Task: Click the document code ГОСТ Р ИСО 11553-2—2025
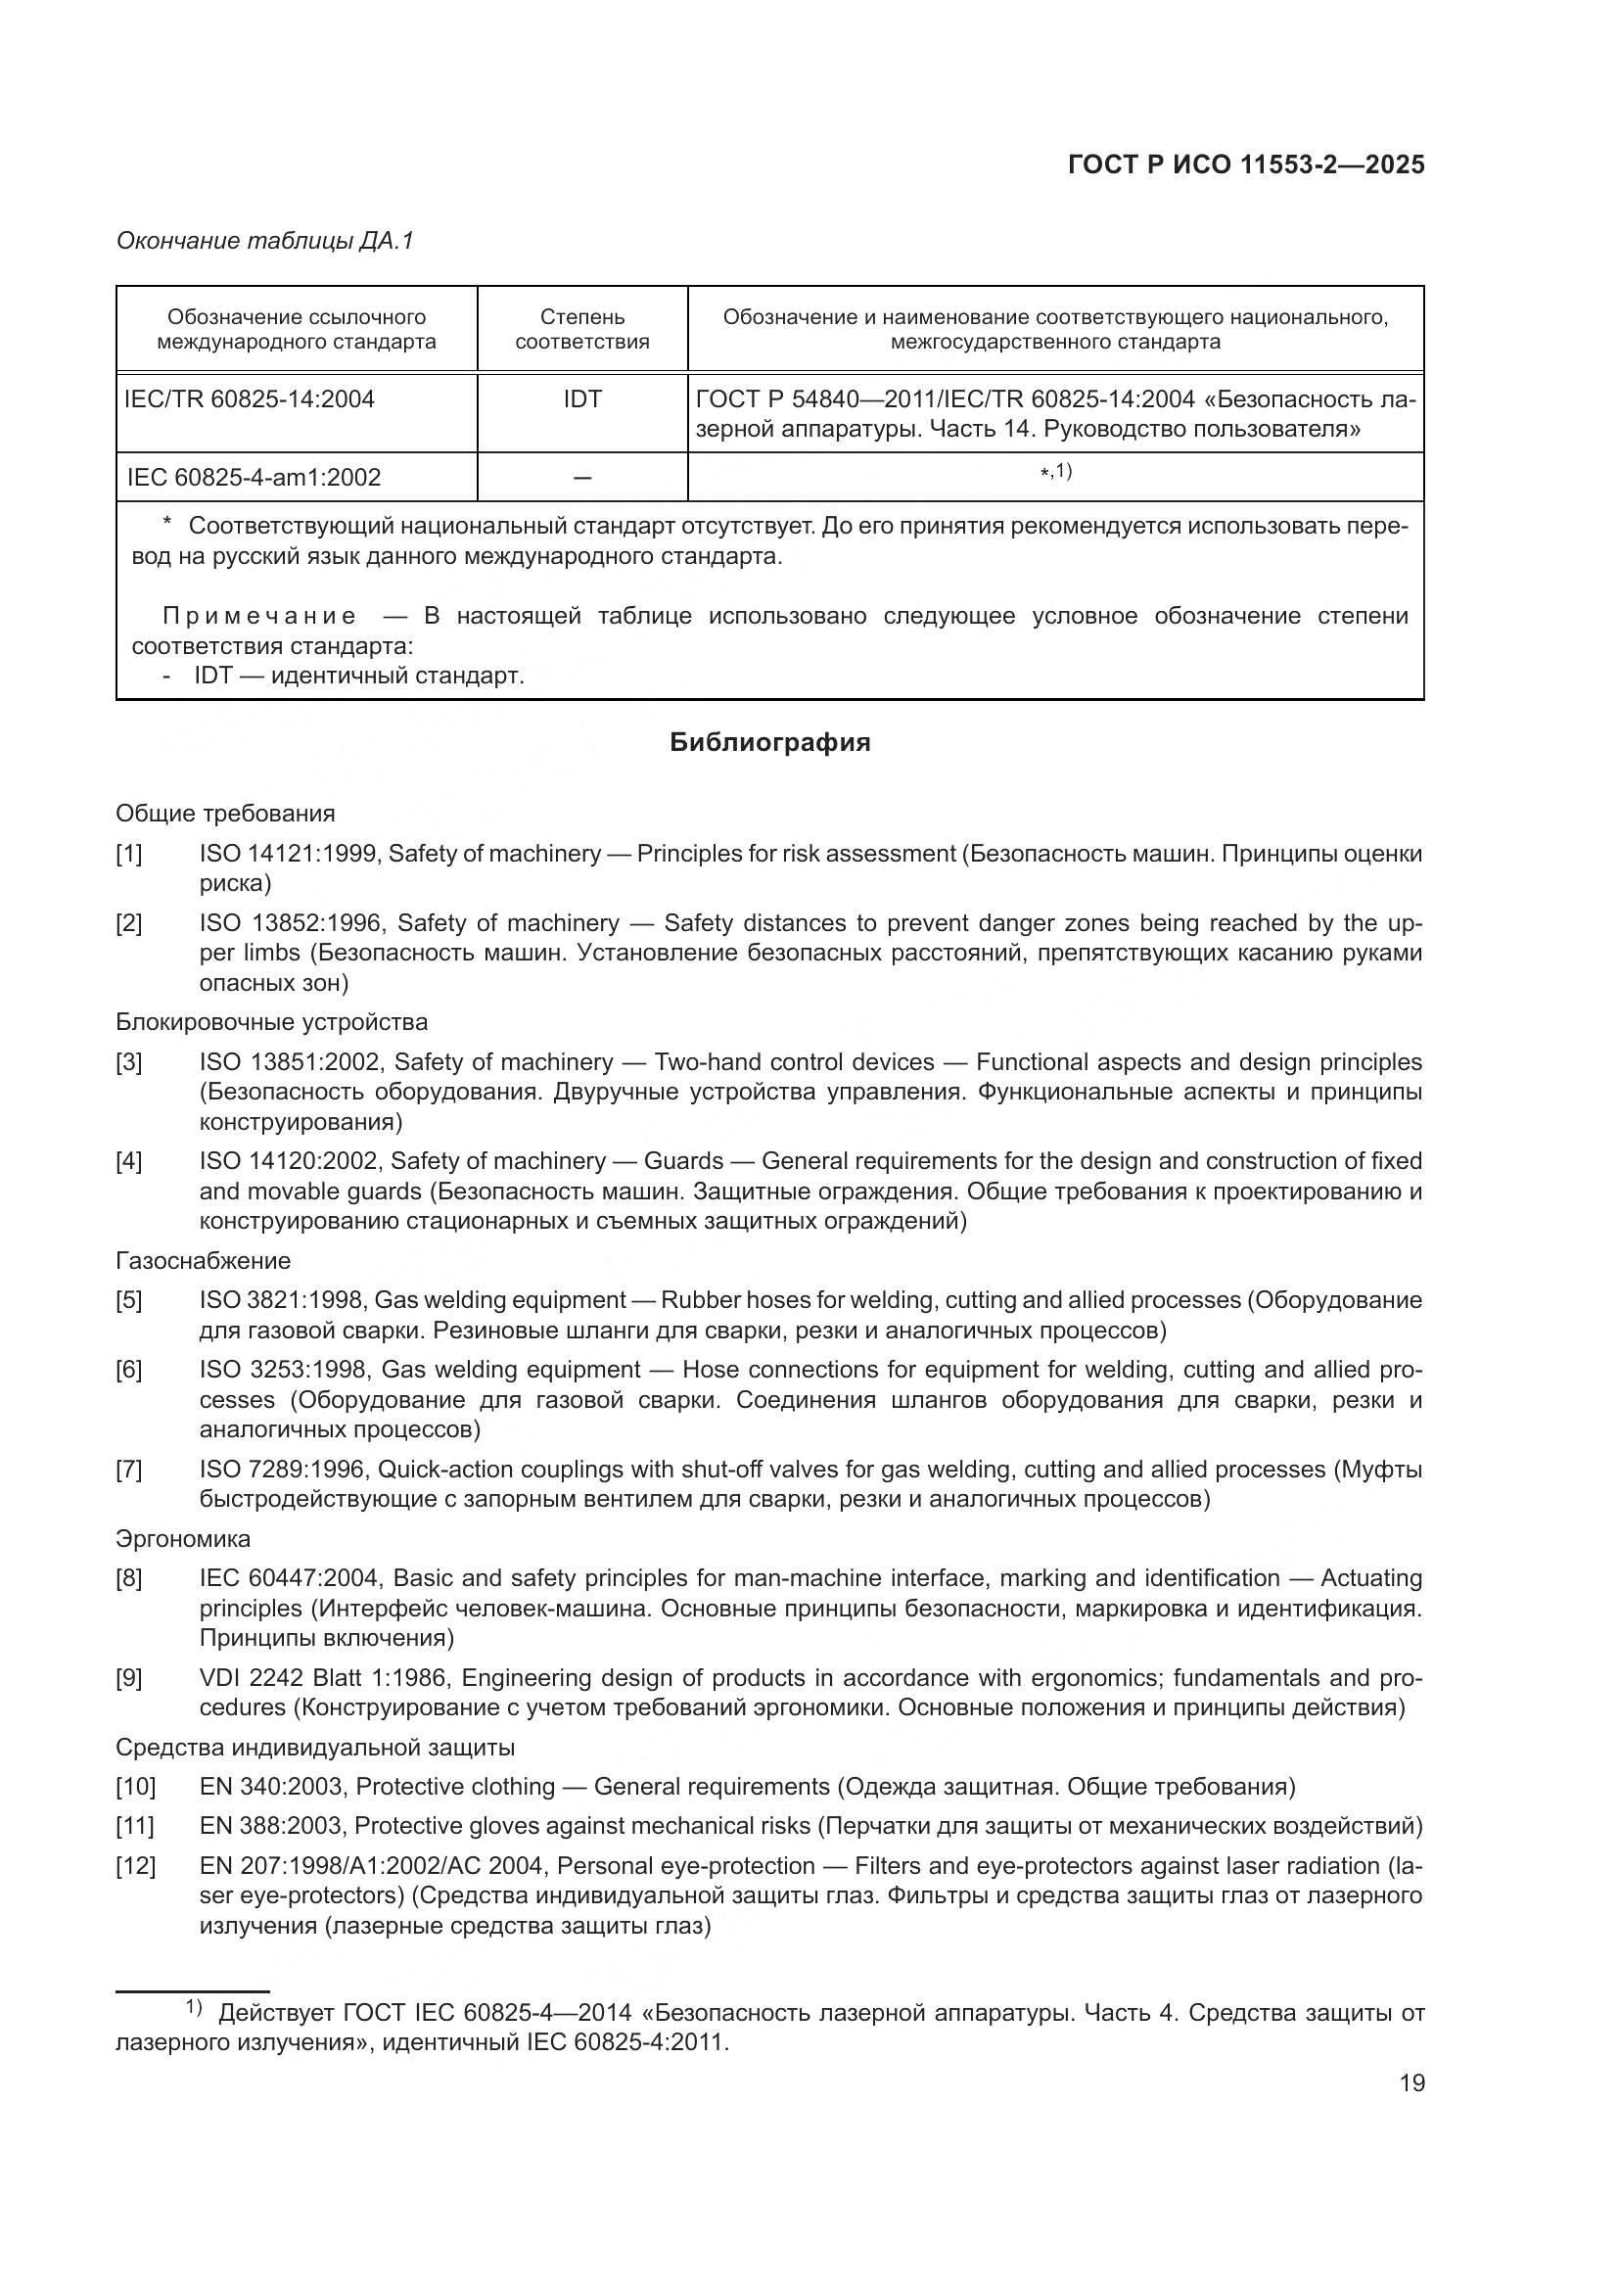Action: click(x=1245, y=165)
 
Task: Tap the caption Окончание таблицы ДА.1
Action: click(x=264, y=241)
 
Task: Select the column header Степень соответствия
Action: click(x=582, y=329)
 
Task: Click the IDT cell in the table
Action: click(x=582, y=400)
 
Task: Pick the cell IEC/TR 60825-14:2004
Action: click(x=250, y=400)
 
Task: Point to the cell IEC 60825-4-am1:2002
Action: click(x=254, y=478)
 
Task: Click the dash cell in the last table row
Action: click(x=582, y=478)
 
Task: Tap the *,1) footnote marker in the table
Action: click(x=1056, y=471)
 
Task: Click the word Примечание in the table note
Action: click(x=259, y=616)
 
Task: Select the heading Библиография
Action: click(x=769, y=742)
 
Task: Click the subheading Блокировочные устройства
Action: click(x=271, y=1022)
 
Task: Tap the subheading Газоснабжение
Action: click(x=204, y=1261)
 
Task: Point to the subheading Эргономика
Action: click(x=183, y=1539)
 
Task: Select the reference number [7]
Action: click(x=129, y=1470)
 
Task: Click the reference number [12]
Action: click(x=136, y=1866)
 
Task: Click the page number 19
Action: click(x=1411, y=2083)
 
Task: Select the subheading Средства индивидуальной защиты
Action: click(x=315, y=1748)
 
